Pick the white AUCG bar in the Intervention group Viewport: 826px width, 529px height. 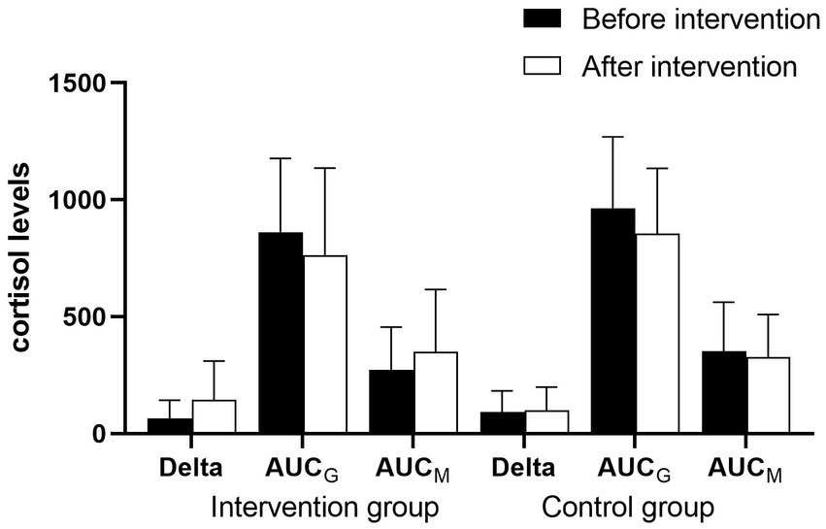(324, 345)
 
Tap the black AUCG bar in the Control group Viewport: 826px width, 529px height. (613, 321)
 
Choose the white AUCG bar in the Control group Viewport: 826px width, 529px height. (657, 334)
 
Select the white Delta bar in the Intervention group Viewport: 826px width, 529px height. (214, 416)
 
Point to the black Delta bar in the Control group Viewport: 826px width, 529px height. (502, 423)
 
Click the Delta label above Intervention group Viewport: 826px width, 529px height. (190, 468)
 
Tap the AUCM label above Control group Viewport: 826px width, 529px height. (746, 469)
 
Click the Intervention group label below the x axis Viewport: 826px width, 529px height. (325, 508)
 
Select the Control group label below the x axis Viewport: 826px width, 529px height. (629, 508)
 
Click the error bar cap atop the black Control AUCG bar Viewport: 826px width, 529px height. (613, 137)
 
